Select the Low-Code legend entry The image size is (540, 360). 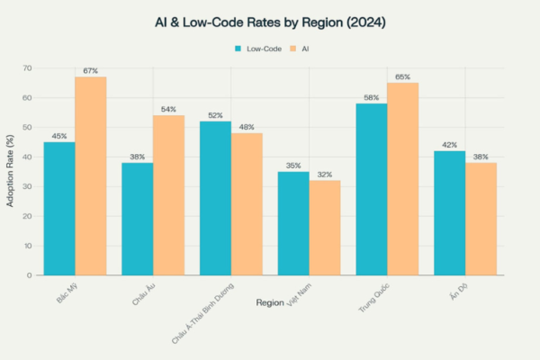(x=259, y=49)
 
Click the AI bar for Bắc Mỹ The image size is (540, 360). (x=90, y=175)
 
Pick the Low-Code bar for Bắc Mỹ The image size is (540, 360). (x=59, y=208)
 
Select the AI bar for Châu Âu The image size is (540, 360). (x=168, y=194)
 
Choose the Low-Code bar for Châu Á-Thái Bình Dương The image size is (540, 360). (x=215, y=198)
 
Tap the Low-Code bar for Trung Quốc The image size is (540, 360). (x=371, y=189)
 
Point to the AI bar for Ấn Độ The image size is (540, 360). (x=481, y=219)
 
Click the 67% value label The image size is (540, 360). (x=90, y=70)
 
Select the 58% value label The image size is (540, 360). (x=371, y=96)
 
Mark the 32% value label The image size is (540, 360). (x=325, y=174)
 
